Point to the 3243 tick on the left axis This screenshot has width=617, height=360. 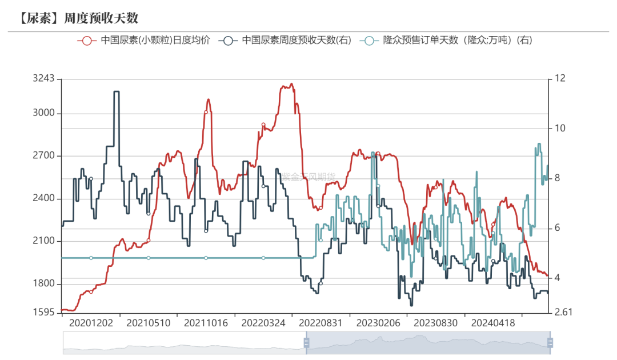coord(43,78)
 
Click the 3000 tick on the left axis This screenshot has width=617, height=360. coord(43,113)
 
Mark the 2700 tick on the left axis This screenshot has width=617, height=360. coord(43,156)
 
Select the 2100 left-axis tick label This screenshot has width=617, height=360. coord(43,241)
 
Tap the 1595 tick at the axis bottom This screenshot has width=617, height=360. coord(43,313)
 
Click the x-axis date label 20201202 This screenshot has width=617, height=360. coord(91,323)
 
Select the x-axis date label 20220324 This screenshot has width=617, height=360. coord(263,323)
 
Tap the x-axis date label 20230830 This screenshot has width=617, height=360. coord(436,323)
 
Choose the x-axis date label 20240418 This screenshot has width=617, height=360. coord(493,323)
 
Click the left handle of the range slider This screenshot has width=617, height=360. coord(306,343)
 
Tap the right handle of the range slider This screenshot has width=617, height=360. coord(550,343)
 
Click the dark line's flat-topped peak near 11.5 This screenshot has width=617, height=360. coord(117,91)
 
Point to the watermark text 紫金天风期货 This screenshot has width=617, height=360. coord(309,177)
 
